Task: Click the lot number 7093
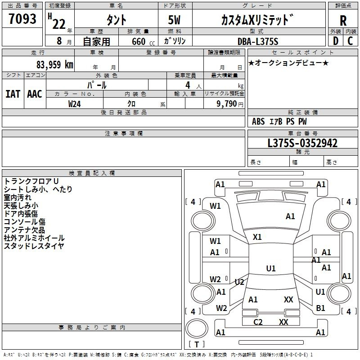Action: (22, 19)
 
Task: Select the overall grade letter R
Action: (343, 21)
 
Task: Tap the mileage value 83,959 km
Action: (54, 65)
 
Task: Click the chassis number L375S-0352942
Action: (302, 143)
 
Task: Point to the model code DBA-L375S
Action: (258, 41)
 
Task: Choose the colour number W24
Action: (74, 104)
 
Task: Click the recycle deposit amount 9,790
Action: (227, 104)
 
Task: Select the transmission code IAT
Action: (13, 94)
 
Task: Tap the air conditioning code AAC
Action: (35, 94)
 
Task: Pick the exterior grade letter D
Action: (336, 41)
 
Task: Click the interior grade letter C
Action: (350, 41)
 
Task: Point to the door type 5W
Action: (174, 20)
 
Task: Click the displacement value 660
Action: (139, 41)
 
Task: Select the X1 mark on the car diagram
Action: (257, 237)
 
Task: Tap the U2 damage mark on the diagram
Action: (239, 282)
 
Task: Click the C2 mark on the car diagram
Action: (258, 322)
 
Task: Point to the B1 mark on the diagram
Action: (320, 308)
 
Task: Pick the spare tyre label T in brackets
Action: (197, 344)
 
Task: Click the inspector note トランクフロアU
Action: (31, 181)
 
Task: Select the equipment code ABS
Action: (258, 121)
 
